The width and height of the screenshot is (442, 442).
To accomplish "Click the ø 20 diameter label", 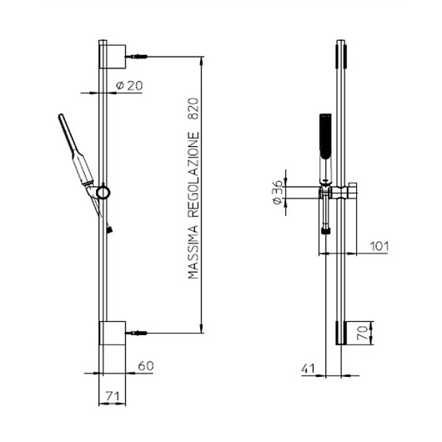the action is pos(129,85).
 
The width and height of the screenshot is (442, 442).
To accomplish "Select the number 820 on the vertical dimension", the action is pos(193,108).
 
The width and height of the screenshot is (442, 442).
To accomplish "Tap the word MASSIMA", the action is pos(193,253).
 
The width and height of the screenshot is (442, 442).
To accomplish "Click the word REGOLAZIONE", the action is pos(193,174).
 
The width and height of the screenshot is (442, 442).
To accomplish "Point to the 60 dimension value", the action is pos(146,366).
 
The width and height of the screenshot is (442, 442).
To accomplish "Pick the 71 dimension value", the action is pos(113,396).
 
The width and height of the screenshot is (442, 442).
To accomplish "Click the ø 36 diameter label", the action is pos(278,193).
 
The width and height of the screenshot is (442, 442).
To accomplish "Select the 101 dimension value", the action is pos(379,246).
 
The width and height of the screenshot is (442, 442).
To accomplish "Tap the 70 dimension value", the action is pos(363,333).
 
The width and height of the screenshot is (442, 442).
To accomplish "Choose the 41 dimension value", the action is pos(308,369).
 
